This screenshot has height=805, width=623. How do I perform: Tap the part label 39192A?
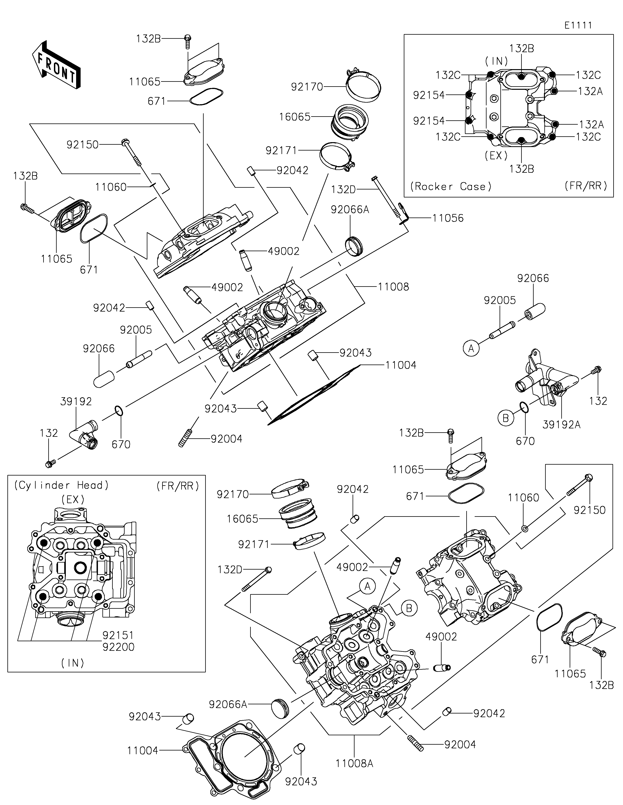[x=561, y=425]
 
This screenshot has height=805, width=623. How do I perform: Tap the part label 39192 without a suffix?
[x=76, y=401]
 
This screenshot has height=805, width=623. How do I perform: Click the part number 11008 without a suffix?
[x=393, y=287]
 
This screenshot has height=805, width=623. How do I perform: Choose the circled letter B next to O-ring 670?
[x=505, y=418]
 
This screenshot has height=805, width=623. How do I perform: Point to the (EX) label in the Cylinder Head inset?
[x=73, y=500]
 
